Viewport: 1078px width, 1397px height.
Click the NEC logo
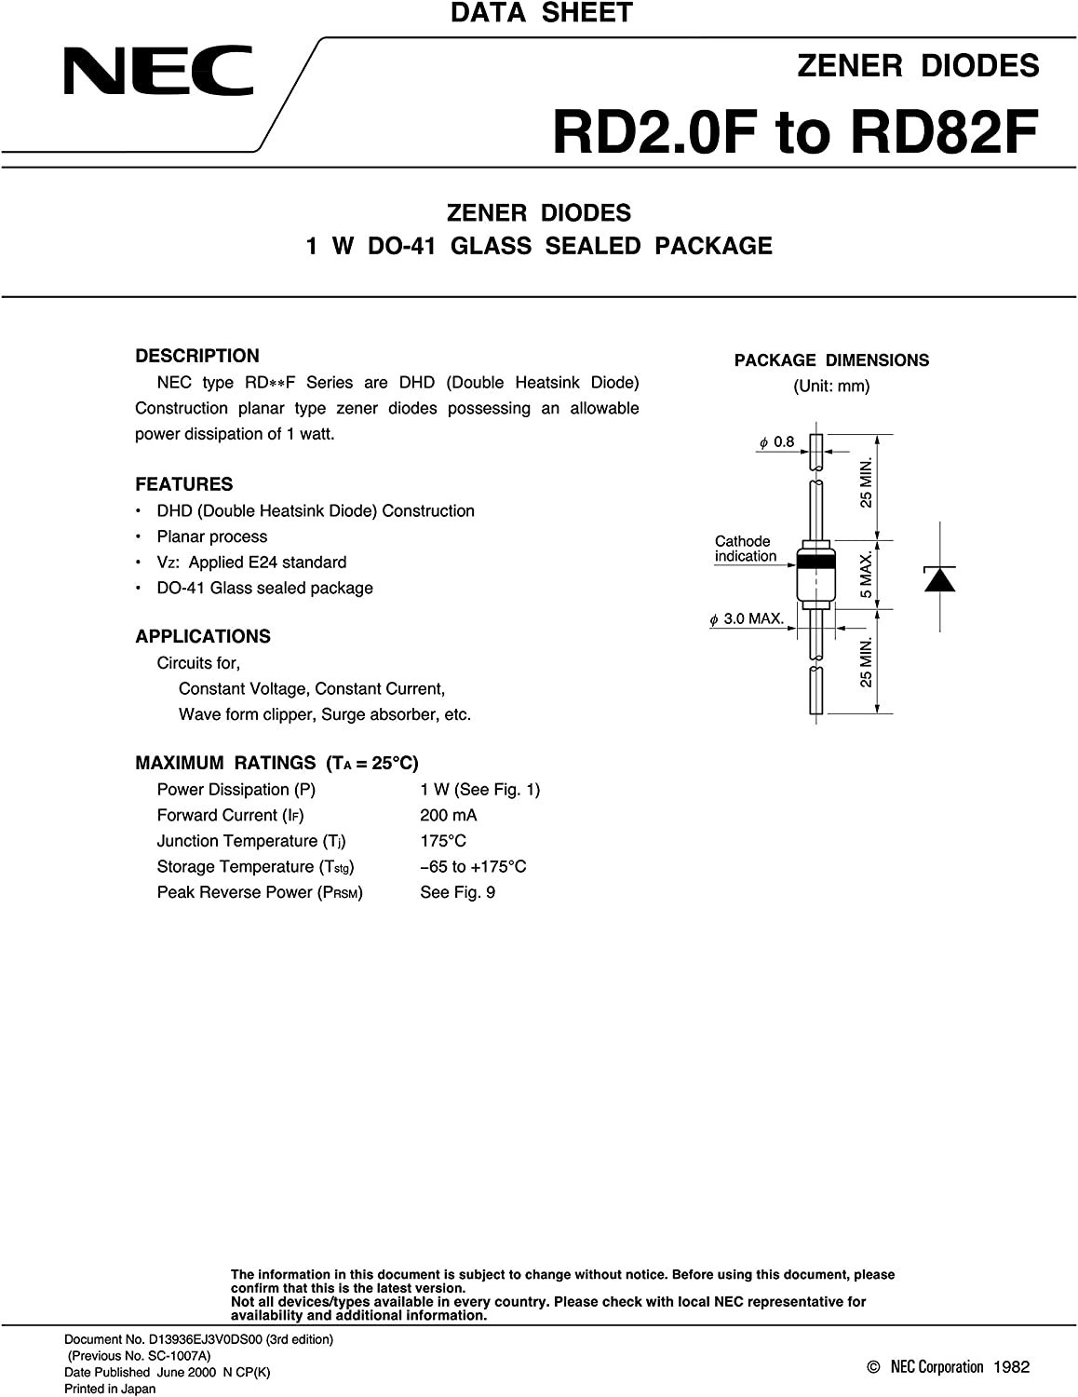coord(158,72)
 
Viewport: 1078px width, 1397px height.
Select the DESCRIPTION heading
coord(197,356)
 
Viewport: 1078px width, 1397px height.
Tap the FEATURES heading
coord(184,484)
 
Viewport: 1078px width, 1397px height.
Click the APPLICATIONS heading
coord(203,637)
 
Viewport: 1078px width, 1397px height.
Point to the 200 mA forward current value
coord(448,815)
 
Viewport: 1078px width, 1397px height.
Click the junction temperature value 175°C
coord(443,841)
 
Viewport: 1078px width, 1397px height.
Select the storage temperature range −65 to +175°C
coord(473,867)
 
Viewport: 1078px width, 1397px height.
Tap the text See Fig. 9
coord(457,892)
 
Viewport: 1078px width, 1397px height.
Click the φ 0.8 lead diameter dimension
coord(776,442)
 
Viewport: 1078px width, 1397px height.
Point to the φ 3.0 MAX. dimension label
coord(748,618)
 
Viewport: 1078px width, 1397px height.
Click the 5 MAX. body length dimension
coord(867,575)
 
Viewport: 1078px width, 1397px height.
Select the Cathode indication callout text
coord(744,549)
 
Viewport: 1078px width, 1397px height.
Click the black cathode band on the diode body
coord(816,562)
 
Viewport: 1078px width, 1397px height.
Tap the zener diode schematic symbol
coord(939,578)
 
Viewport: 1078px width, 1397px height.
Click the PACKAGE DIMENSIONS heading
coord(831,360)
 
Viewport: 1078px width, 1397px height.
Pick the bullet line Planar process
coord(211,537)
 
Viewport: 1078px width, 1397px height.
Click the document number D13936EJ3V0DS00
coord(206,1339)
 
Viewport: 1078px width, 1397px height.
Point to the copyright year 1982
coord(1011,1367)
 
